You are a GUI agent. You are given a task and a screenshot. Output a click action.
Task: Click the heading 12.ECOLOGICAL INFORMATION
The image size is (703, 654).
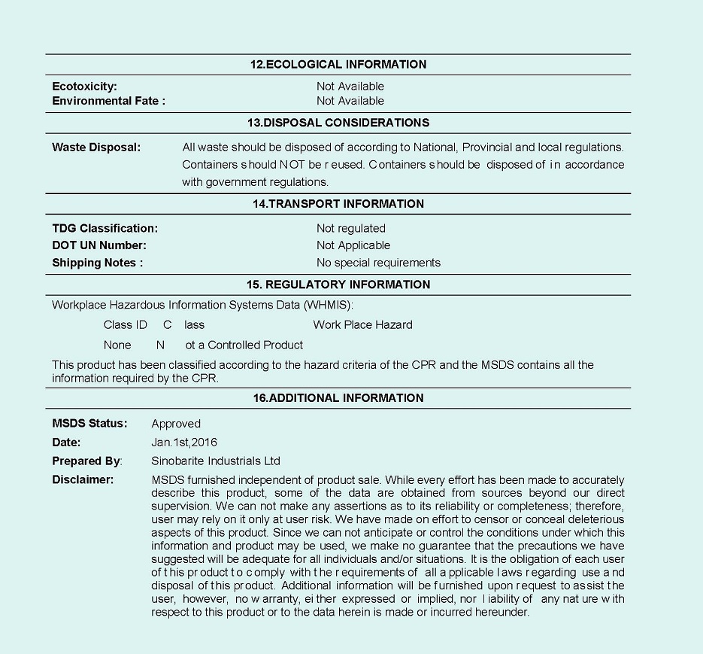338,65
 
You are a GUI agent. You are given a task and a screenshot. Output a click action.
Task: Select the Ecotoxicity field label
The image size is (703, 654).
84,87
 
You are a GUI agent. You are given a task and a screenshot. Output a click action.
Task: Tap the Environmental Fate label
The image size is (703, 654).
108,101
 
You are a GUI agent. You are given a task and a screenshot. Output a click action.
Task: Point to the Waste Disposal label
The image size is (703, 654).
96,148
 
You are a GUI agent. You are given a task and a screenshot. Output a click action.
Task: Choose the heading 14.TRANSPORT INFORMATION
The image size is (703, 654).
338,204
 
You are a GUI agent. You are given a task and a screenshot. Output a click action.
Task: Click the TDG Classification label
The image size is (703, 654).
105,228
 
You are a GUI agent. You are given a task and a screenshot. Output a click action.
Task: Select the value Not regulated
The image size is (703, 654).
350,228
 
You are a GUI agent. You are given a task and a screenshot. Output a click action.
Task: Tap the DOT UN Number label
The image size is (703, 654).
98,245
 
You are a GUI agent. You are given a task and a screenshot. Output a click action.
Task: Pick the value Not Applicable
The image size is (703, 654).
353,245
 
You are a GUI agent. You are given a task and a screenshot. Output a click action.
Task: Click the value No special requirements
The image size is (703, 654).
378,263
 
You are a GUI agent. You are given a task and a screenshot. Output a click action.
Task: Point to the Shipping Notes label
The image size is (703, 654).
97,263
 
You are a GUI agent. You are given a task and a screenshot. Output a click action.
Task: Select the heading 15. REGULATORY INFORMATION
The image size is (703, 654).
338,284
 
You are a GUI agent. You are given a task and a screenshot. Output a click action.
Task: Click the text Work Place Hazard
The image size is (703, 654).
362,325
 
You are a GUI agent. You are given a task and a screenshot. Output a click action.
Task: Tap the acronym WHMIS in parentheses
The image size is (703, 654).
326,305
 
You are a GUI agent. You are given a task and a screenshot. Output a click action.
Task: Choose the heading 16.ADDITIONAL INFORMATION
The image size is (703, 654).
338,398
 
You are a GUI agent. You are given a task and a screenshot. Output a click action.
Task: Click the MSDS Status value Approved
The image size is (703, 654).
176,424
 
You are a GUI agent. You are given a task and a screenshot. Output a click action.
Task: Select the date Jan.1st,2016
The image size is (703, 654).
184,443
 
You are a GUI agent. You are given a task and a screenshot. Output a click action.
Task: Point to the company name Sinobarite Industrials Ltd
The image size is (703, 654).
216,461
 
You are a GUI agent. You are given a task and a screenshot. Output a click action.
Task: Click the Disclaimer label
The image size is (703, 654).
83,479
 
